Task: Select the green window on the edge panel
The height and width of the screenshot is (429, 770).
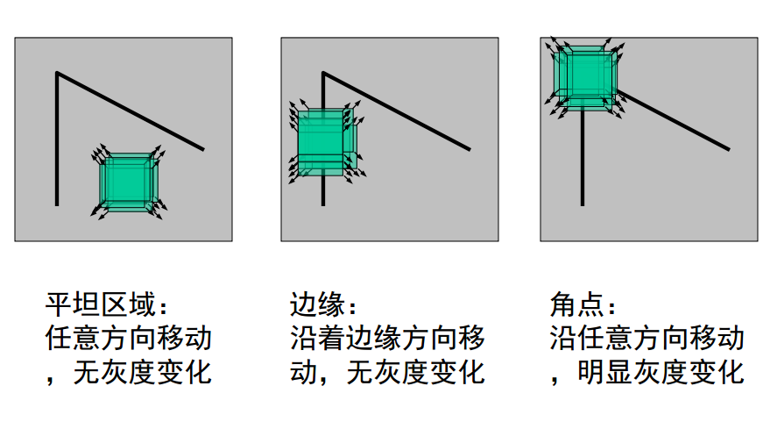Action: (x=322, y=141)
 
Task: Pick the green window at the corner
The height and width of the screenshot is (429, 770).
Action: (x=583, y=75)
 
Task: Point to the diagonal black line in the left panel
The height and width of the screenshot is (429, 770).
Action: (x=131, y=111)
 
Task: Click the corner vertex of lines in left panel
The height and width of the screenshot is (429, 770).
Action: (x=58, y=74)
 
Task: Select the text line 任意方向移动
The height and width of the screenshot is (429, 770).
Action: (x=128, y=339)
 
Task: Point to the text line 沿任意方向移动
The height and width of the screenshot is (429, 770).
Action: (x=647, y=339)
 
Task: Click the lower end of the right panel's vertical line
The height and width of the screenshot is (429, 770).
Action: (x=583, y=204)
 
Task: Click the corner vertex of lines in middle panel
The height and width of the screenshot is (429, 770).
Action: (x=324, y=74)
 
